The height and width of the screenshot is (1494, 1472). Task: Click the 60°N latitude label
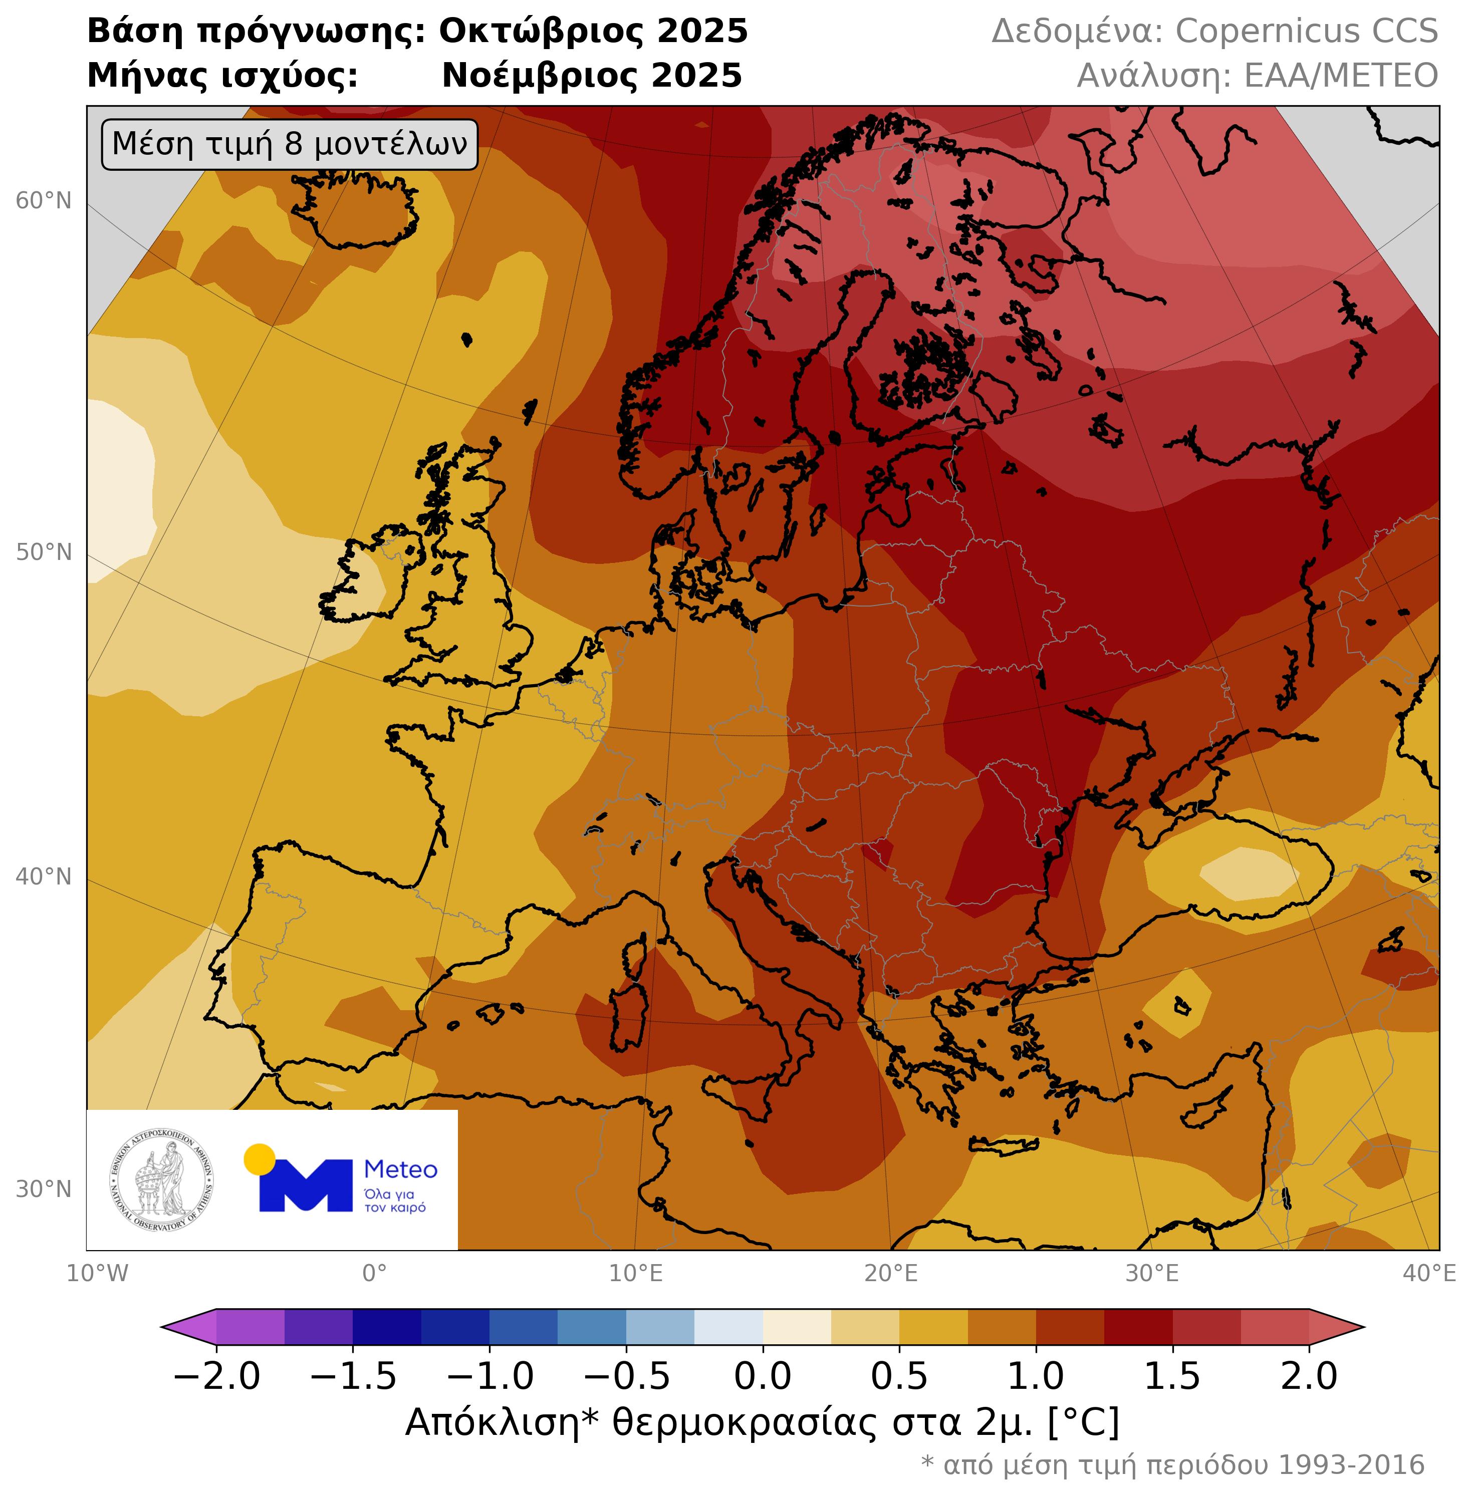pyautogui.click(x=43, y=201)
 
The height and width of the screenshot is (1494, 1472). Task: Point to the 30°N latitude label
pyautogui.click(x=43, y=1188)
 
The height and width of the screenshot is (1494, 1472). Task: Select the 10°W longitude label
pyautogui.click(x=97, y=1274)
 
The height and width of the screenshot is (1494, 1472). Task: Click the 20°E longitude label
pyautogui.click(x=891, y=1274)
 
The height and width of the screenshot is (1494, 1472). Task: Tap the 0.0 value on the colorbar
pyautogui.click(x=763, y=1377)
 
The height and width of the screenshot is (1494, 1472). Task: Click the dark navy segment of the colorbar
pyautogui.click(x=387, y=1328)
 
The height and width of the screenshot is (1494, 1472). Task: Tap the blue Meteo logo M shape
pyautogui.click(x=306, y=1185)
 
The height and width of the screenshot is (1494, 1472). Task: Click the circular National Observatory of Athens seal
pyautogui.click(x=162, y=1180)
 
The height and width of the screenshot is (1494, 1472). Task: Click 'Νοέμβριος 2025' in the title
pyautogui.click(x=591, y=76)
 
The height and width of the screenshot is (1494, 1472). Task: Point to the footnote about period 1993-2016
pyautogui.click(x=1172, y=1464)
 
